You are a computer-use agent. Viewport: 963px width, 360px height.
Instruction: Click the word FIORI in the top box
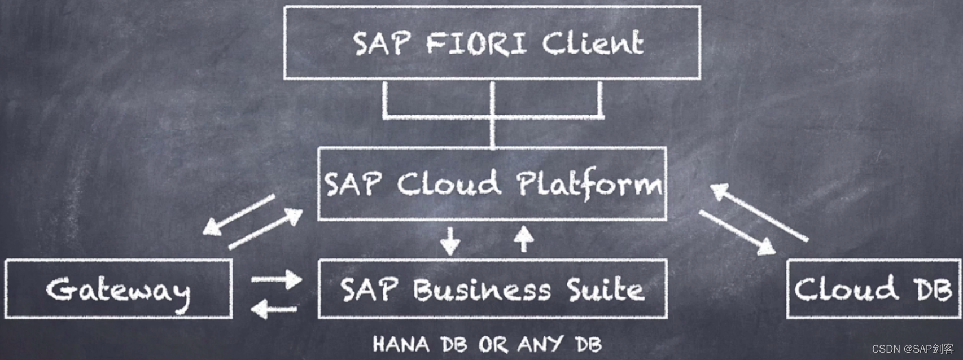(x=476, y=43)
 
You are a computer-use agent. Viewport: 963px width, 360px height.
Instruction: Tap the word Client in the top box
(x=593, y=43)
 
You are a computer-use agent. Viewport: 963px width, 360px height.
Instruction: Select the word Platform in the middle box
(x=589, y=184)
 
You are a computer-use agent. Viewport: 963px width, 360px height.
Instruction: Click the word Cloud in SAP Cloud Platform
(x=449, y=184)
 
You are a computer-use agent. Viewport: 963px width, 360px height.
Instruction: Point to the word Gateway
(x=118, y=290)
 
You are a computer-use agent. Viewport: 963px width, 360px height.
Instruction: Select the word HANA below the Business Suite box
(x=401, y=344)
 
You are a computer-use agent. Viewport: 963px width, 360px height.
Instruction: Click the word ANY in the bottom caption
(x=540, y=344)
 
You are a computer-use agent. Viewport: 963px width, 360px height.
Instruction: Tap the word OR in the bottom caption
(x=493, y=344)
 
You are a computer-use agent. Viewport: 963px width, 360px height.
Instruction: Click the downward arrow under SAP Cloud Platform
(x=450, y=241)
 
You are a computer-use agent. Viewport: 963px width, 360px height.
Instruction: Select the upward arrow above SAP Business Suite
(x=524, y=239)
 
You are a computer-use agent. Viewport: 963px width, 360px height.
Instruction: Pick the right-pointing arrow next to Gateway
(x=277, y=279)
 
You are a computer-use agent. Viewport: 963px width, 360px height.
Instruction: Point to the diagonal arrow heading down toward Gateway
(x=239, y=215)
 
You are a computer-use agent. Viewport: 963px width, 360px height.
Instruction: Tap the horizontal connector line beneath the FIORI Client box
(x=492, y=117)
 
